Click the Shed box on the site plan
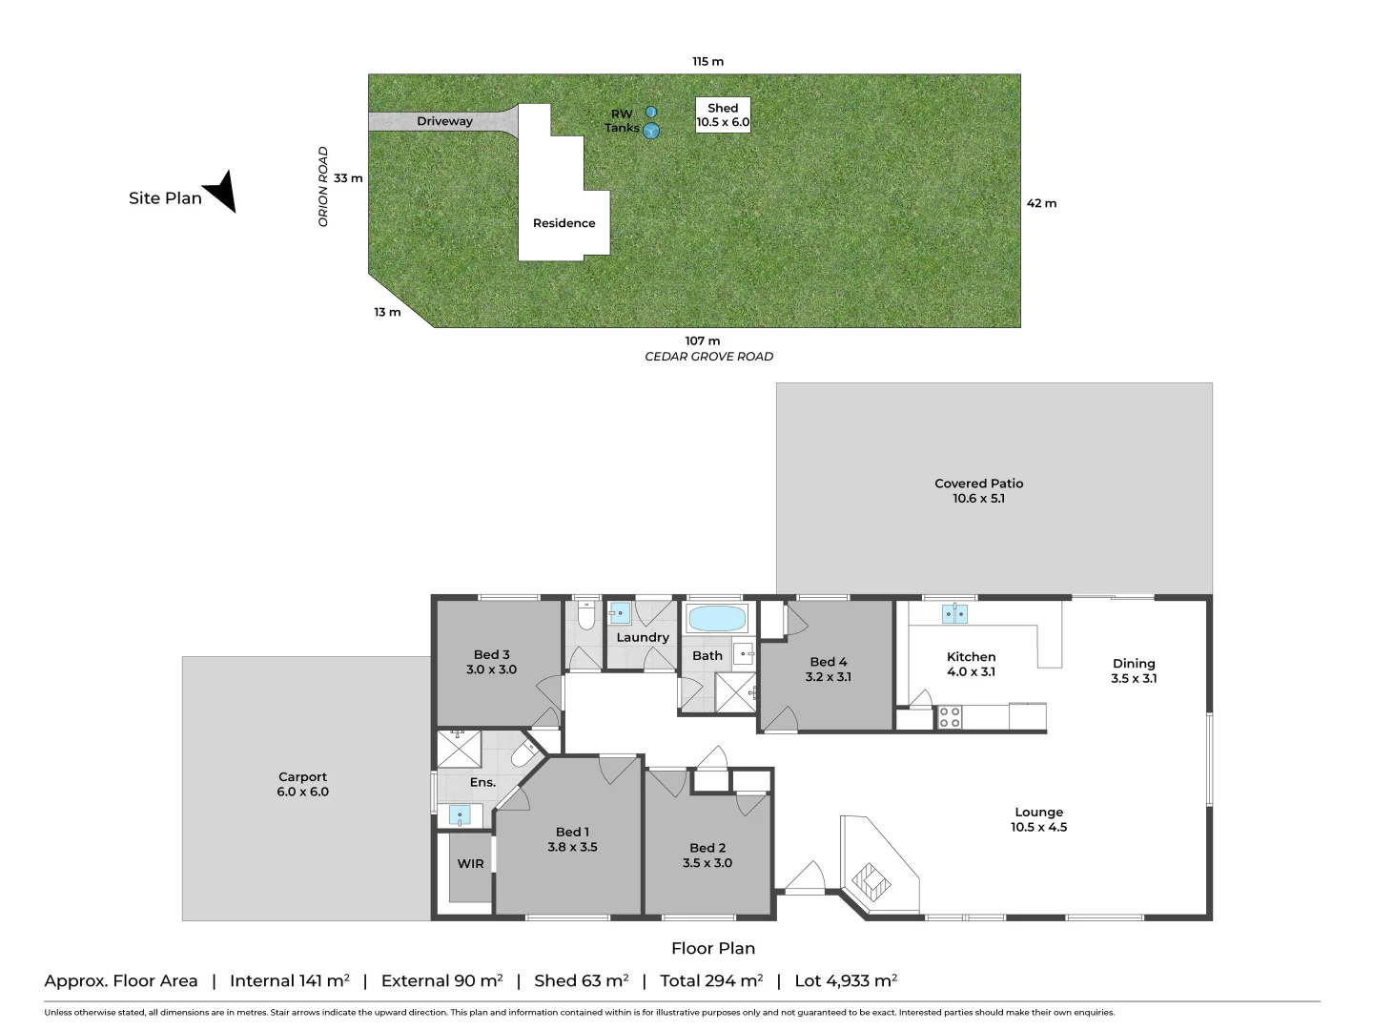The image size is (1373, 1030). (x=723, y=115)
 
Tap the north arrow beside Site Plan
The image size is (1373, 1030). (x=221, y=190)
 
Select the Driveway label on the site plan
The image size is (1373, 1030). (x=444, y=121)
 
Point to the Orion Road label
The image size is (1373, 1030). (x=323, y=186)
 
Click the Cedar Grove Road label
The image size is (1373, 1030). (x=708, y=357)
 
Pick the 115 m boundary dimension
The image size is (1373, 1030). (x=707, y=61)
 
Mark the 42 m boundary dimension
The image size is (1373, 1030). (x=1041, y=203)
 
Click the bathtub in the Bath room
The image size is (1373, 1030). (x=716, y=619)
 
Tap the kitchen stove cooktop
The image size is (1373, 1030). (x=950, y=717)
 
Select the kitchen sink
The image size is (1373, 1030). (x=954, y=613)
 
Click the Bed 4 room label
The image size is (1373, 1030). (x=828, y=669)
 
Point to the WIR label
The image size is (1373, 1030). (x=470, y=864)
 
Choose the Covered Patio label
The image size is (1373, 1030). (x=978, y=490)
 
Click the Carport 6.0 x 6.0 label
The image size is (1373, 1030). (x=302, y=784)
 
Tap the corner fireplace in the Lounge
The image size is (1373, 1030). (x=871, y=879)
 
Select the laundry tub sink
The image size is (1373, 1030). (x=620, y=613)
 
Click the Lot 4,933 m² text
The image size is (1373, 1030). (x=846, y=980)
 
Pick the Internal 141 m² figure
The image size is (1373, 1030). (x=289, y=980)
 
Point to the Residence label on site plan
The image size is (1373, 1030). (x=564, y=223)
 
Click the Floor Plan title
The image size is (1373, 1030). (x=712, y=948)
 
